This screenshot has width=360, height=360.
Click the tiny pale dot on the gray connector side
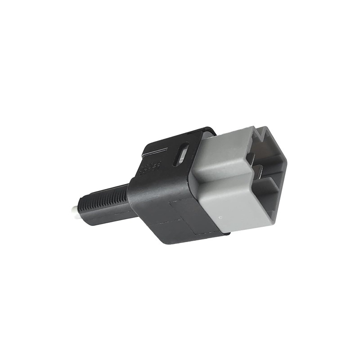[220, 217]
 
